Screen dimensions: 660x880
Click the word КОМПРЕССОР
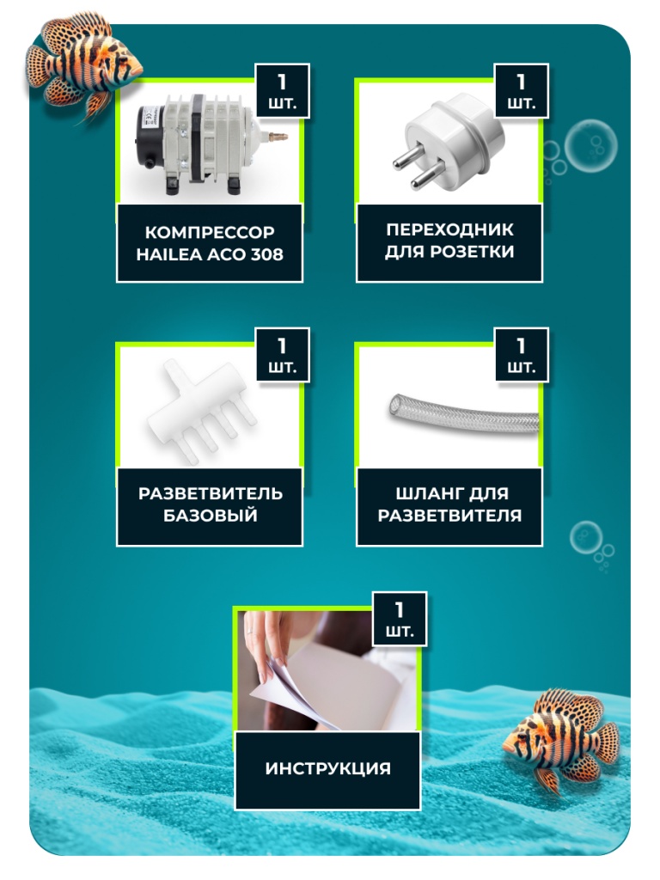pos(210,232)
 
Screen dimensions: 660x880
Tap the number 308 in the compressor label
pos(267,254)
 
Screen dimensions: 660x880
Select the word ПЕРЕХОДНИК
pos(449,229)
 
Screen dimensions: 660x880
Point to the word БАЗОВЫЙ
pos(211,515)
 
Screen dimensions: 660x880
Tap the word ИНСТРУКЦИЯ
pos(327,767)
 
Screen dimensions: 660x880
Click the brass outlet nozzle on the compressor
pos(278,136)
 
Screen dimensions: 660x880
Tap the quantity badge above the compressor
pos(282,91)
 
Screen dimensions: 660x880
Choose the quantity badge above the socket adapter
pos(521,91)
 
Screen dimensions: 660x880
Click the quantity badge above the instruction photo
pos(400,619)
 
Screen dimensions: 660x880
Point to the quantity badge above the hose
pos(521,355)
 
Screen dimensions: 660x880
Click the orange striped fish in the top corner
pos(84,64)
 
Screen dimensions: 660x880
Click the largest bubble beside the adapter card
pos(590,144)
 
